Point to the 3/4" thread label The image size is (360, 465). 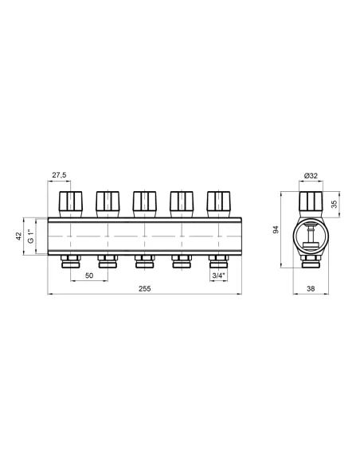click(217, 275)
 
